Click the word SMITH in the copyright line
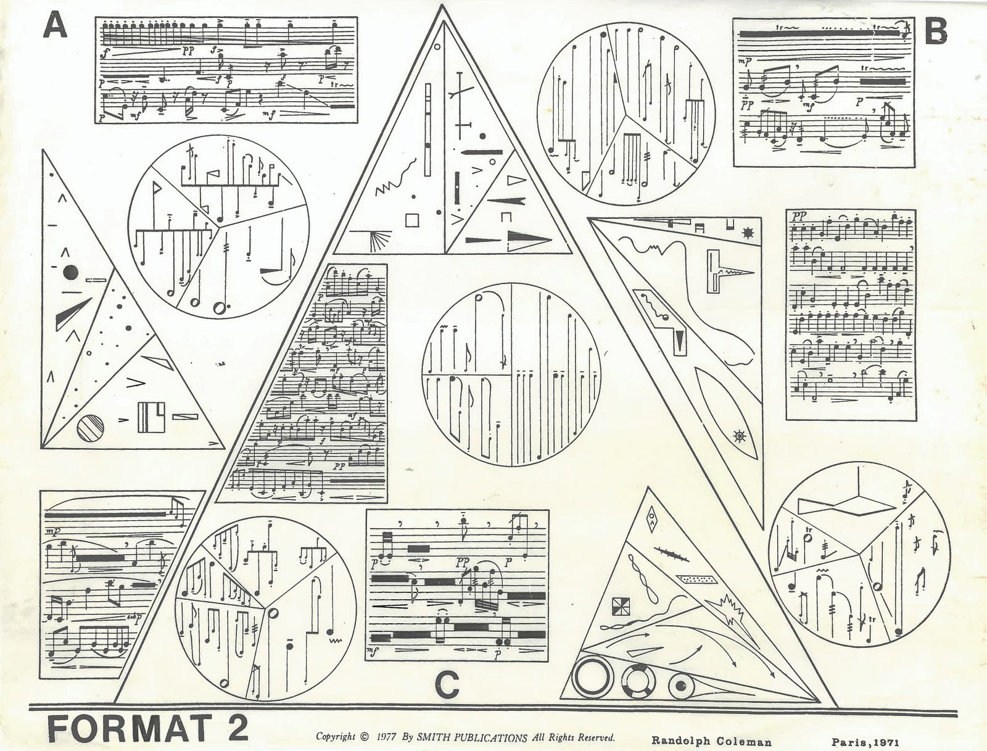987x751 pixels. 435,737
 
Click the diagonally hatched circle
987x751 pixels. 90,428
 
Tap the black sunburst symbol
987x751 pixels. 749,233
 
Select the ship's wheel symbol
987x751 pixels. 739,437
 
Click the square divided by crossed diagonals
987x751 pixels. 619,607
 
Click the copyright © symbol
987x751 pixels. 364,737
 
